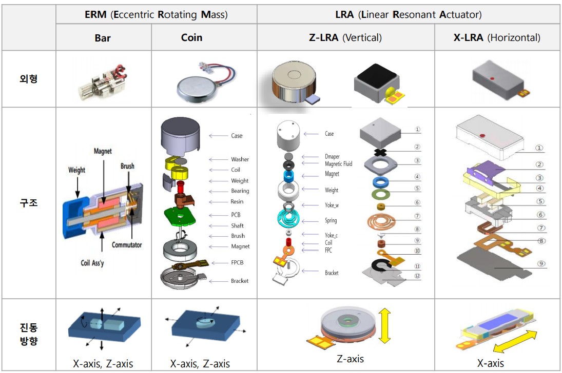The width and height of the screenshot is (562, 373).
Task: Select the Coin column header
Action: click(191, 37)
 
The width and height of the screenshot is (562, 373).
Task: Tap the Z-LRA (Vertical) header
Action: click(345, 37)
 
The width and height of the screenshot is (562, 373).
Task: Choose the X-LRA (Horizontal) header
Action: click(497, 37)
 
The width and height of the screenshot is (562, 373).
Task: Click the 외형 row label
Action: click(29, 79)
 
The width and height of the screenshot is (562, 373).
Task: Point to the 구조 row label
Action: click(29, 203)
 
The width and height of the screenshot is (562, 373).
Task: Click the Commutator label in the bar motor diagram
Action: click(127, 245)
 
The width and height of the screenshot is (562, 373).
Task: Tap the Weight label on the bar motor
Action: click(77, 170)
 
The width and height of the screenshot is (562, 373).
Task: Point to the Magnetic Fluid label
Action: click(339, 163)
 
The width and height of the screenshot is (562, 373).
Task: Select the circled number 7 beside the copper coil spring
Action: click(417, 216)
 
